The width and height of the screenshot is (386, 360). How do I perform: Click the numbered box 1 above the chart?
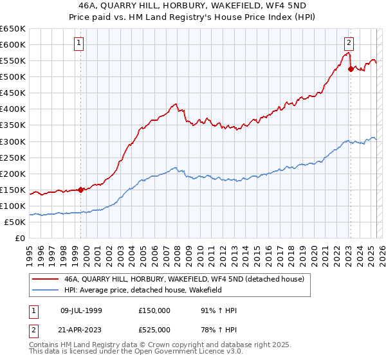(78, 43)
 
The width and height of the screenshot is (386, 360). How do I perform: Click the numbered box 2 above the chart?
(348, 43)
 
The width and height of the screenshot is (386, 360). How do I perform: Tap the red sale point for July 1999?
(80, 190)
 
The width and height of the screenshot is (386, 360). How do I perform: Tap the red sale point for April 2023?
(351, 69)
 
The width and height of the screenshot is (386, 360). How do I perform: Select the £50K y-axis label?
(15, 222)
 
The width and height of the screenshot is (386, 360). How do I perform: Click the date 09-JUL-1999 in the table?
(81, 310)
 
